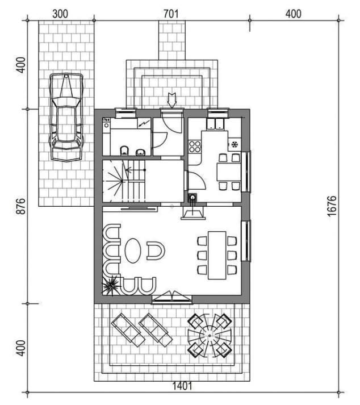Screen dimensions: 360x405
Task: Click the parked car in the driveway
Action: pos(66,117)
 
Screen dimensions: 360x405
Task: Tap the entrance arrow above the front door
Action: pos(171,100)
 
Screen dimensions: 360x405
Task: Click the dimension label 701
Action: pos(171,14)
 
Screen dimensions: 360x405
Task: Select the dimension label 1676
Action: pos(332,206)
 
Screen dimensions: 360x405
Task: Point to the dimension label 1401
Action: pos(182,386)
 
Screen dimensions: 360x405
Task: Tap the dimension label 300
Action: pos(60,14)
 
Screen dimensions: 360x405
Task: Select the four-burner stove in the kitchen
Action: pos(195,147)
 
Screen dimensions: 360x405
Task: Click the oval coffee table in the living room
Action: pos(133,250)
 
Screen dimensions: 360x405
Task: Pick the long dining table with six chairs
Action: pos(217,255)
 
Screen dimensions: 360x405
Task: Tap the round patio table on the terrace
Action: pos(210,336)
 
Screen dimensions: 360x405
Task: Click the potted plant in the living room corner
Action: pos(111,286)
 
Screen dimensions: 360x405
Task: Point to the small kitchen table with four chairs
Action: pos(229,172)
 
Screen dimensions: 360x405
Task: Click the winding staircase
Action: pos(124,181)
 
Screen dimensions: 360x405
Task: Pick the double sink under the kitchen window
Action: pos(215,124)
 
